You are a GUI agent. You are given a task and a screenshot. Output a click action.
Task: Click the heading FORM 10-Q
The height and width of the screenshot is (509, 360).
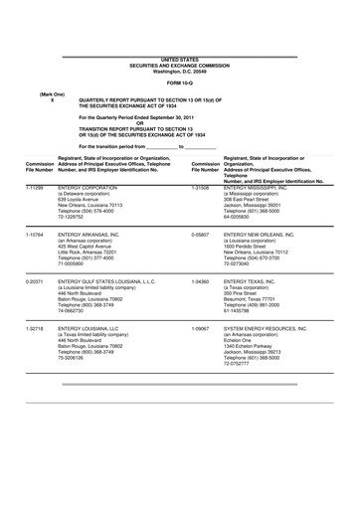179,83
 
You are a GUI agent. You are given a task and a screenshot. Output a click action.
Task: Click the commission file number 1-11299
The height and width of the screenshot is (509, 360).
34,186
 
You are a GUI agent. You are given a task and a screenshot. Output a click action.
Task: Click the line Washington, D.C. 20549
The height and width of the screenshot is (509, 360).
179,70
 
